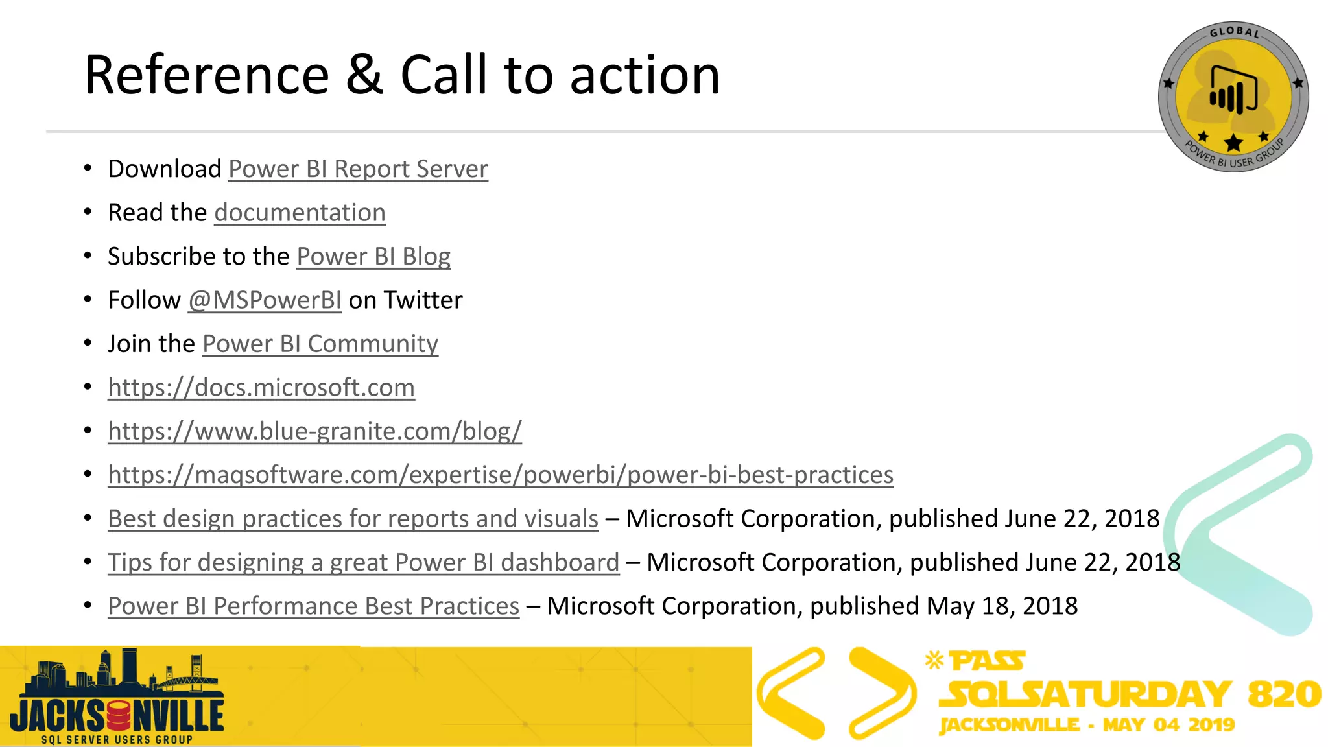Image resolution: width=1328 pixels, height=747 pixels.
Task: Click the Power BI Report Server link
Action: (358, 169)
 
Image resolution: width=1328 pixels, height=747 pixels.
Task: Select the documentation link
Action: (300, 213)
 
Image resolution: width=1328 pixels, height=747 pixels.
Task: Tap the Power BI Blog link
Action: (373, 257)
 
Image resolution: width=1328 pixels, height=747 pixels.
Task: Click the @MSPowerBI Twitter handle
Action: (265, 300)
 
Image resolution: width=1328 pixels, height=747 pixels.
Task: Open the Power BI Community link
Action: (320, 344)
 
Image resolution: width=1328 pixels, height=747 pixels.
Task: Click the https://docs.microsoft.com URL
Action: (261, 388)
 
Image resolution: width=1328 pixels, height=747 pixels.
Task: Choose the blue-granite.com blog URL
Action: (314, 431)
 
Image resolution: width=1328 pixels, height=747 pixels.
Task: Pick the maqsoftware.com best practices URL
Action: (501, 475)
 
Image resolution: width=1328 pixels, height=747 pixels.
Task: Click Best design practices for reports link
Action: (353, 519)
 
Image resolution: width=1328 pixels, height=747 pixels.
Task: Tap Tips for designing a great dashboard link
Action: (363, 563)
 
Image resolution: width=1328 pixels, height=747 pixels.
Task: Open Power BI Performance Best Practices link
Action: (313, 606)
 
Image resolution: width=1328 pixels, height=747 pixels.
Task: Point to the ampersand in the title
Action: (364, 75)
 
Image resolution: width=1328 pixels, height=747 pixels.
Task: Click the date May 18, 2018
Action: (1002, 606)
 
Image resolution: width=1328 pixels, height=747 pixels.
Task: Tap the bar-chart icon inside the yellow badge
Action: (1233, 91)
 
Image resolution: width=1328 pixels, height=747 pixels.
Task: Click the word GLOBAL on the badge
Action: (1234, 32)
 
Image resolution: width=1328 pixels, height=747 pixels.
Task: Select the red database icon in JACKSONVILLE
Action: (119, 716)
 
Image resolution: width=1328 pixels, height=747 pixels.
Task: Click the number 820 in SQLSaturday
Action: (1284, 694)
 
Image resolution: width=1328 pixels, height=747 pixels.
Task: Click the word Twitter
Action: (423, 300)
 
